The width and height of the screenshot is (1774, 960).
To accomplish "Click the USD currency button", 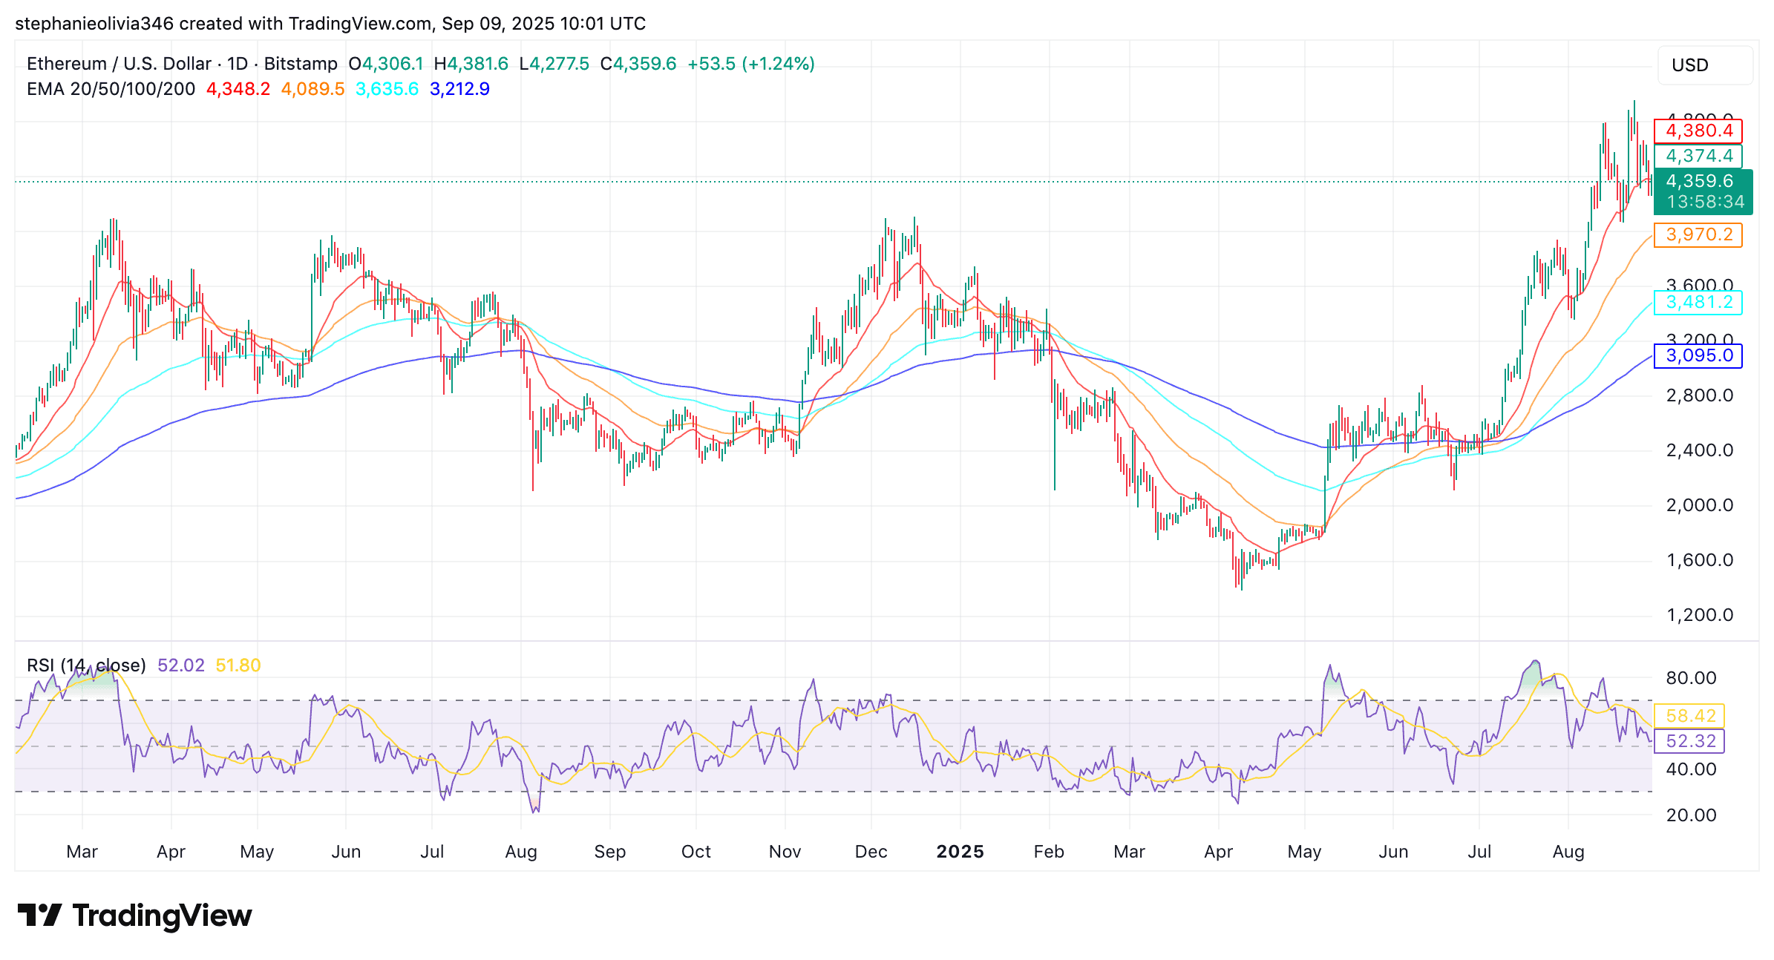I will click(x=1704, y=65).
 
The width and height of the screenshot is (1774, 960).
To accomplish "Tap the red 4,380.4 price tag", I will click(x=1698, y=131).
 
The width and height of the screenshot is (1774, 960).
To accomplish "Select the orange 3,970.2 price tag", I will click(x=1698, y=235).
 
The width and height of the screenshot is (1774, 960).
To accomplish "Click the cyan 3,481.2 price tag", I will click(x=1698, y=303).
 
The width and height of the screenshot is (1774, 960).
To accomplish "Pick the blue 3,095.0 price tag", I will click(x=1698, y=356).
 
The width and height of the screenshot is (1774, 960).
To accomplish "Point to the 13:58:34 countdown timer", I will click(x=1705, y=202).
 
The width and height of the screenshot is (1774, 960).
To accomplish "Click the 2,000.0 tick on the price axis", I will click(x=1699, y=506).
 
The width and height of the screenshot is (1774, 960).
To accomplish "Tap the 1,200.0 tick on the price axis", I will click(x=1699, y=616).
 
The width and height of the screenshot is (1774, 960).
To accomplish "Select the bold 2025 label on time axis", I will click(x=960, y=852).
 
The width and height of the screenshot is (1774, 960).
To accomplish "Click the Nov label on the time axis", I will click(x=785, y=852).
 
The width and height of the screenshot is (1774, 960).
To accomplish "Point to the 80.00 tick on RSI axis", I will click(x=1691, y=678).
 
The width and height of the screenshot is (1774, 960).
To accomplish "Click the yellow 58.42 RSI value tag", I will click(x=1690, y=716).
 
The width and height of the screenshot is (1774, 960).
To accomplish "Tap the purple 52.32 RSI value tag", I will click(x=1690, y=741).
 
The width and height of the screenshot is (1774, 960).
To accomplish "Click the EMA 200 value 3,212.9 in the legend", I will click(x=459, y=89).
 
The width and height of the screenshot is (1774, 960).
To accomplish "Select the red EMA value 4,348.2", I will click(x=238, y=89).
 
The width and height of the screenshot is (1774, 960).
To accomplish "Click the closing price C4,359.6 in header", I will click(x=638, y=64).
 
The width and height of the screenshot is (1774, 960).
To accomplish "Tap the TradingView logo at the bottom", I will click(x=135, y=915).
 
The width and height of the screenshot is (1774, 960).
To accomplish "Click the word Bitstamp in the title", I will click(x=301, y=64).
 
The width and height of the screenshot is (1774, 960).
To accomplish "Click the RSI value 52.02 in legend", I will click(x=180, y=665).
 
